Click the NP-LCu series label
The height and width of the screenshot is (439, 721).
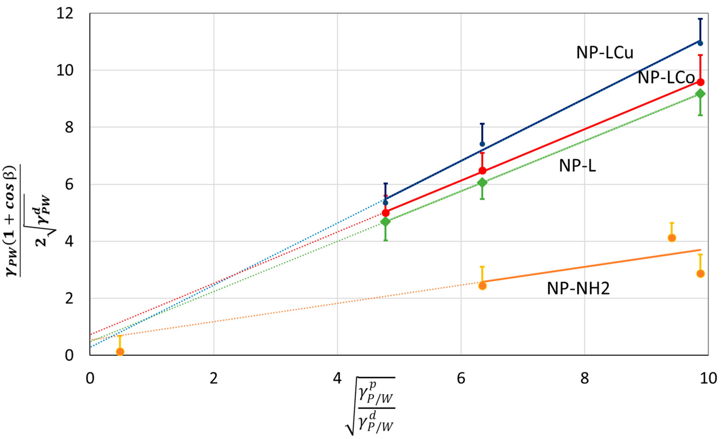click(604, 53)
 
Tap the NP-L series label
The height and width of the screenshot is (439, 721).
click(577, 166)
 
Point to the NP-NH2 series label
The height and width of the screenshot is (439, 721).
click(578, 288)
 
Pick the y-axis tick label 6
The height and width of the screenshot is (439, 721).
click(69, 185)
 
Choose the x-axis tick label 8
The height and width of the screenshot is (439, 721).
click(584, 378)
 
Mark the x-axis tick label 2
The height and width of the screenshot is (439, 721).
click(214, 378)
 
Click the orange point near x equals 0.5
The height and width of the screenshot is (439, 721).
click(120, 352)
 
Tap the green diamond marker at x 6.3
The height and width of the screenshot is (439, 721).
click(482, 183)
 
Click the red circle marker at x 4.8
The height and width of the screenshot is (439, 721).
click(386, 213)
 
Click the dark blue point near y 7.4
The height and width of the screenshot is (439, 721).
click(482, 144)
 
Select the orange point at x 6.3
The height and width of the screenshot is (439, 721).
click(482, 285)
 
